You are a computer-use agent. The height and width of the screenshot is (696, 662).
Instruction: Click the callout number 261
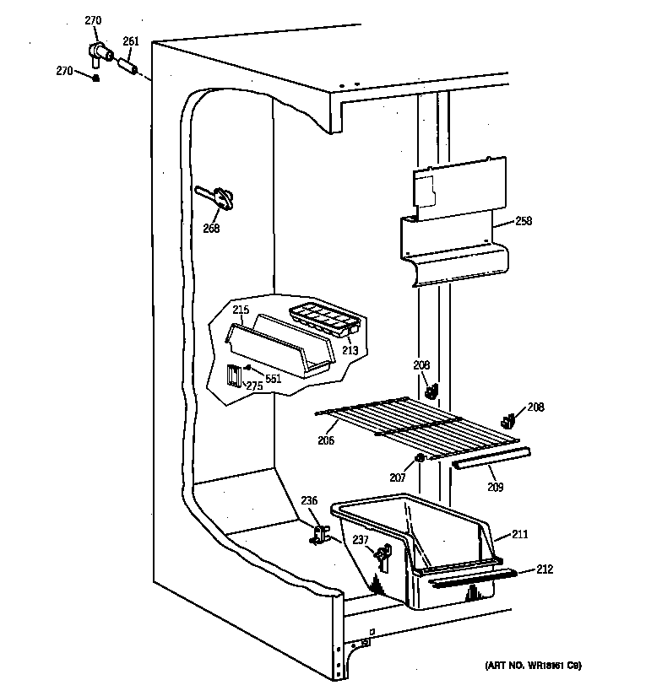pos(131,40)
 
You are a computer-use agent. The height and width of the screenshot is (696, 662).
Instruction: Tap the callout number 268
pos(211,228)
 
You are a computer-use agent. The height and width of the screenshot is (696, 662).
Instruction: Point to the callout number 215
pos(241,310)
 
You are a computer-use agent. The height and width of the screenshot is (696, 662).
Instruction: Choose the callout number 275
pos(254,386)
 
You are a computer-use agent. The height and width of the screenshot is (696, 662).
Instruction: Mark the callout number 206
pos(326,440)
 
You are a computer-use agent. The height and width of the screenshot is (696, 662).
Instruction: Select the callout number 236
pos(309,500)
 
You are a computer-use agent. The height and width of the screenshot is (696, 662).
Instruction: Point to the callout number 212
pos(545,569)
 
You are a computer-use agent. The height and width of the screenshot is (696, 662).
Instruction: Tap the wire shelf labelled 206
pos(414,427)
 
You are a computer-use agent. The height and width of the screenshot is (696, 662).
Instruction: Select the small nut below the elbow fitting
pos(95,78)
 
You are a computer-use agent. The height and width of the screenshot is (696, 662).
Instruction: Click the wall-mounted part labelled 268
pos(219,197)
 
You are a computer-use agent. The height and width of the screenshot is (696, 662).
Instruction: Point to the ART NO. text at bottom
pos(533,666)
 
